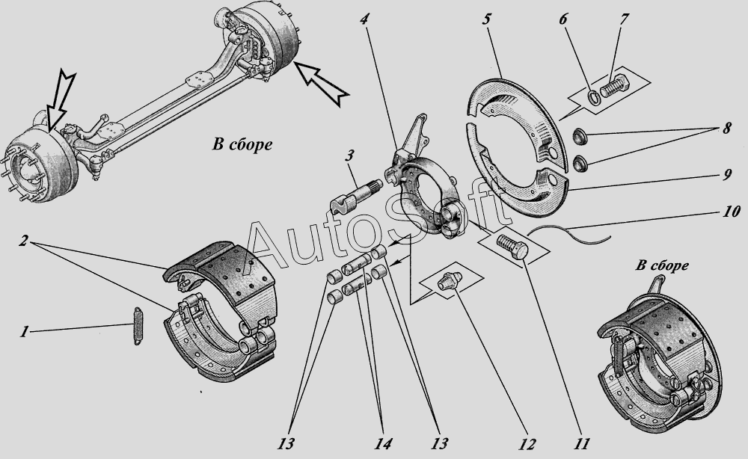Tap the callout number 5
(487, 19)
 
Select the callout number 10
(730, 211)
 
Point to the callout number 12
(527, 444)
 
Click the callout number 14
(382, 444)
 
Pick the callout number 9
(726, 174)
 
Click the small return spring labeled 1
(138, 325)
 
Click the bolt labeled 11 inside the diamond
(512, 246)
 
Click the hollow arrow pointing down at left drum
(60, 102)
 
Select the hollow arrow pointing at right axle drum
(321, 82)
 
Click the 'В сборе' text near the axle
(242, 144)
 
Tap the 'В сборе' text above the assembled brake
(662, 265)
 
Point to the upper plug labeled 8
(580, 137)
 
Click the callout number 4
(365, 19)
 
